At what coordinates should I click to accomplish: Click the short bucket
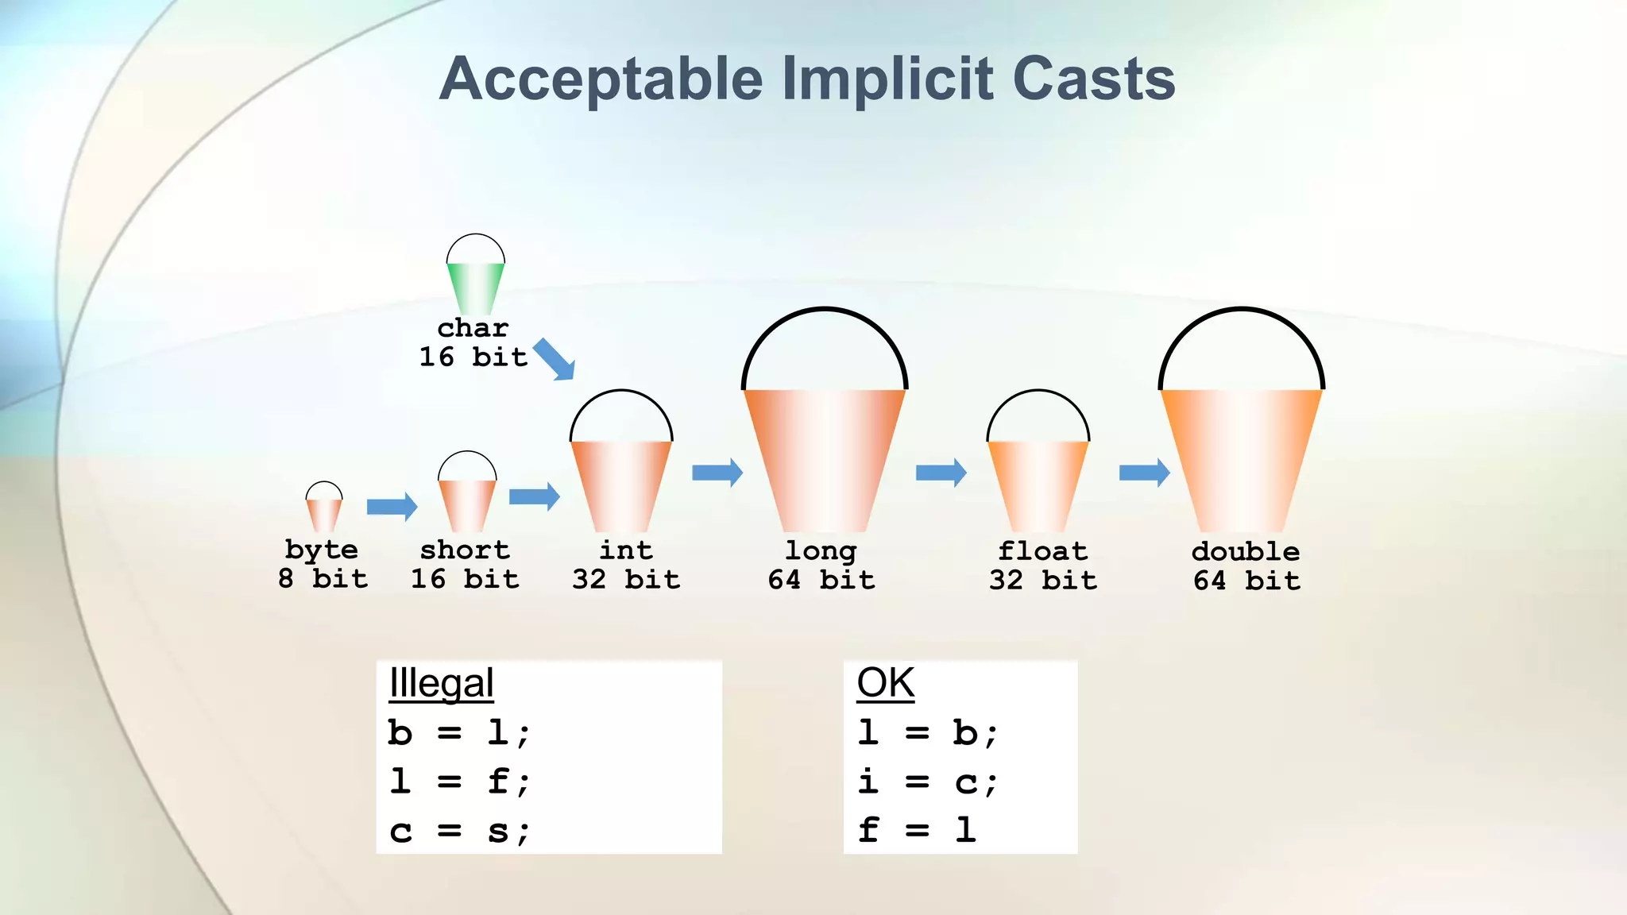(467, 505)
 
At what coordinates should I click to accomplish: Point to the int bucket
(621, 485)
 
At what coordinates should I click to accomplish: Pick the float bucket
(1038, 485)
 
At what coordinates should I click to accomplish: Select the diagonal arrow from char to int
(554, 359)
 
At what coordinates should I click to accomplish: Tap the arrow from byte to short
(392, 506)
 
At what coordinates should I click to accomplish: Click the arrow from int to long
(717, 473)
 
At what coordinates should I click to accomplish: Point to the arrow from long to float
(941, 473)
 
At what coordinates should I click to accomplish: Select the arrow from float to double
(1144, 473)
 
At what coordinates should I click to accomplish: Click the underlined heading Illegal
(442, 683)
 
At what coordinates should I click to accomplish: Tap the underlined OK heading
(885, 683)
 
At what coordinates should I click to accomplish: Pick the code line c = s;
(458, 831)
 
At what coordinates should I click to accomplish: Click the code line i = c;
(927, 782)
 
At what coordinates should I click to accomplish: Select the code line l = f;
(458, 782)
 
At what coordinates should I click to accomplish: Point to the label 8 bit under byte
(323, 578)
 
